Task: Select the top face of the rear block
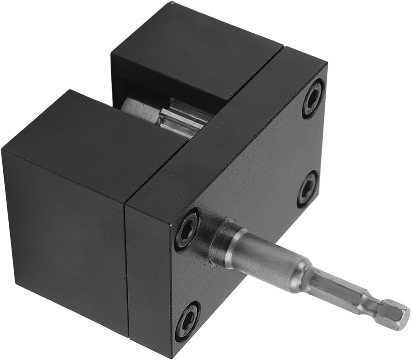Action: tap(196, 51)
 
